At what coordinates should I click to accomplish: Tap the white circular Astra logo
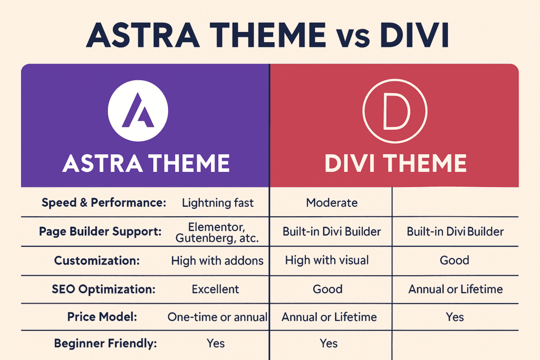coord(138,111)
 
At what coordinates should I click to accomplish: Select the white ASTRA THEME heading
coord(146,163)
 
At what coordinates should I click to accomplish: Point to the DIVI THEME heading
coord(396,163)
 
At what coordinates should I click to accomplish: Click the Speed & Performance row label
coord(104,203)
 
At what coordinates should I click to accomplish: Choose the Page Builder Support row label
coord(100,231)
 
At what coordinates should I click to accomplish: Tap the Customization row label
coord(97,260)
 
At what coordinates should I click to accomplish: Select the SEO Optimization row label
coord(103,289)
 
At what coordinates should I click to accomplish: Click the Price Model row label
coord(102,317)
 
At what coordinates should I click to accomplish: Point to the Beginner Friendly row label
coord(105,344)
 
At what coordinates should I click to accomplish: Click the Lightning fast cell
coord(218,203)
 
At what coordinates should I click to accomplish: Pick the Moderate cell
coord(332,203)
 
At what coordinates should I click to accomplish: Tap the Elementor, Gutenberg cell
coord(217,232)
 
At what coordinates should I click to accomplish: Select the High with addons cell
coord(217,261)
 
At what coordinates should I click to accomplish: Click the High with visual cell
coord(327,260)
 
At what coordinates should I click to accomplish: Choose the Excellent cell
coord(215,289)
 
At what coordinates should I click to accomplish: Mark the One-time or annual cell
coord(217,317)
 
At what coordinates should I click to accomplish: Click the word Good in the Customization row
coord(454,260)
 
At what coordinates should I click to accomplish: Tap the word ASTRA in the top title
coord(143,35)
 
